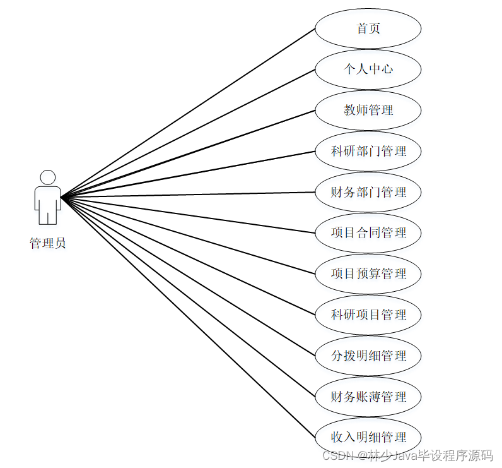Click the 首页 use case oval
pyautogui.click(x=368, y=28)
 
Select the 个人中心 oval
pyautogui.click(x=368, y=69)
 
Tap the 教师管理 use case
pyautogui.click(x=368, y=110)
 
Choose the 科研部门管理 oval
pyautogui.click(x=368, y=151)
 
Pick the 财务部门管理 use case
pyautogui.click(x=368, y=192)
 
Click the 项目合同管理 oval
pyautogui.click(x=368, y=232)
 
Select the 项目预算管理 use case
pyautogui.click(x=368, y=273)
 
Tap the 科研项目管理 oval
pyautogui.click(x=368, y=315)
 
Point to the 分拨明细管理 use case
pyautogui.click(x=368, y=356)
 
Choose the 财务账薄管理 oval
pyautogui.click(x=368, y=397)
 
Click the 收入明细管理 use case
pyautogui.click(x=368, y=437)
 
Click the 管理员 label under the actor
pyautogui.click(x=47, y=243)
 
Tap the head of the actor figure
pyautogui.click(x=48, y=177)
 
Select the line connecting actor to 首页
pyautogui.click(x=189, y=112)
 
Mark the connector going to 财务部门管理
pyautogui.click(x=189, y=195)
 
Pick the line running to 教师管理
pyautogui.click(x=189, y=153)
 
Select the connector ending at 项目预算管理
pyautogui.click(x=189, y=236)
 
